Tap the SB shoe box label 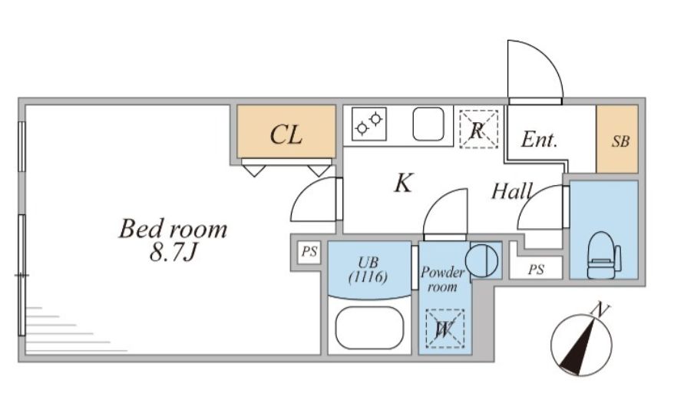[x=620, y=141]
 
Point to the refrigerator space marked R [x=478, y=127]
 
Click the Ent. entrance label [x=539, y=140]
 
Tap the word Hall [x=512, y=191]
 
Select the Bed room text [x=173, y=229]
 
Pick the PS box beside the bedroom [x=309, y=252]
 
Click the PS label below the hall [x=537, y=270]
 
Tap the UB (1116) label [x=368, y=269]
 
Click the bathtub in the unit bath [x=370, y=329]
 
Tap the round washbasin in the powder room [x=482, y=261]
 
